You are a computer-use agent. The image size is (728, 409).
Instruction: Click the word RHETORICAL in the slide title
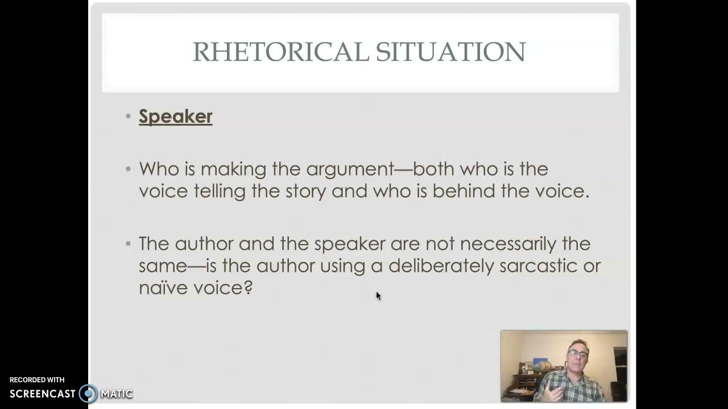281,52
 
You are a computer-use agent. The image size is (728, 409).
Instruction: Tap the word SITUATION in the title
450,52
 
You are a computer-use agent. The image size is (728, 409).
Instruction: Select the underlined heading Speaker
175,116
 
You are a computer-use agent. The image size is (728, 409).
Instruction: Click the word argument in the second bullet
350,169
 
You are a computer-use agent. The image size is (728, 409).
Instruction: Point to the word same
163,266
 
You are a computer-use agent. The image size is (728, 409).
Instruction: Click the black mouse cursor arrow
378,295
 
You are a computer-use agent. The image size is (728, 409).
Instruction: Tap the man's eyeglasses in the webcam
577,354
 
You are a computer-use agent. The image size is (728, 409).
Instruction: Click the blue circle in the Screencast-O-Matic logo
88,394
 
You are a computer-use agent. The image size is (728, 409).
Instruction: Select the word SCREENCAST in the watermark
43,394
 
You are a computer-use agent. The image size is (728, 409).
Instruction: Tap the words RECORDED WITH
37,379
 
